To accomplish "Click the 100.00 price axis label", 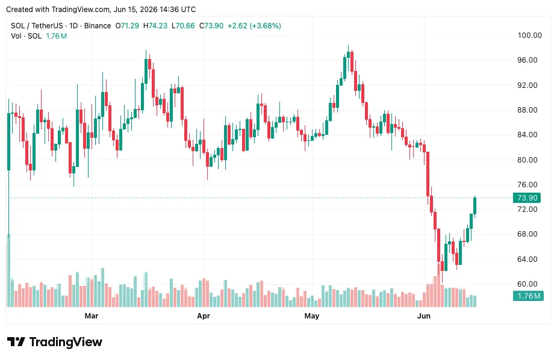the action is pyautogui.click(x=529, y=35).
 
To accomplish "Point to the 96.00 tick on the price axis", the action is pyautogui.click(x=527, y=60).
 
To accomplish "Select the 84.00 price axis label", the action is pyautogui.click(x=527, y=135).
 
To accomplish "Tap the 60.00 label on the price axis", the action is pyautogui.click(x=527, y=284).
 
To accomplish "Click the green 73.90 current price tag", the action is pyautogui.click(x=527, y=197).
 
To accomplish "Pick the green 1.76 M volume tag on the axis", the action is pyautogui.click(x=528, y=296).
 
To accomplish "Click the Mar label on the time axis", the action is pyautogui.click(x=92, y=315).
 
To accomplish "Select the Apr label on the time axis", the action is pyautogui.click(x=204, y=315).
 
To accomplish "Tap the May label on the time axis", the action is pyautogui.click(x=312, y=315).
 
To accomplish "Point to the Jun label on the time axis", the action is pyautogui.click(x=424, y=315).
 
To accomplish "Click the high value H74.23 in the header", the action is pyautogui.click(x=155, y=25).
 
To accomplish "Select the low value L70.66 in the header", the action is pyautogui.click(x=183, y=25).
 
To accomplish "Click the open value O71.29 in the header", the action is pyautogui.click(x=127, y=25).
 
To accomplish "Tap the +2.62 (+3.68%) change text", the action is pyautogui.click(x=254, y=25).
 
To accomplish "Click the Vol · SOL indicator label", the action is pyautogui.click(x=26, y=36).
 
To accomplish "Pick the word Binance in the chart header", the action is pyautogui.click(x=98, y=25).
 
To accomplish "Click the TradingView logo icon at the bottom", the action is pyautogui.click(x=16, y=342).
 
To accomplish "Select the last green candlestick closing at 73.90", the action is pyautogui.click(x=475, y=206).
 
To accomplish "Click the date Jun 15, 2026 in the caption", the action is pyautogui.click(x=135, y=9).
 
